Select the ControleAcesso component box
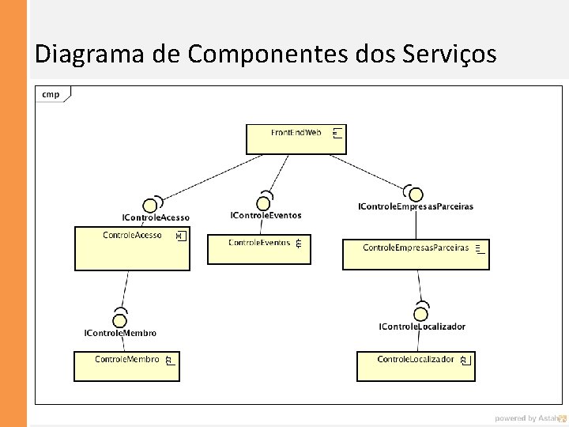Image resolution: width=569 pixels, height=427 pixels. point(132,248)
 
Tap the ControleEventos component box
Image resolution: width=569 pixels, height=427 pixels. point(258,248)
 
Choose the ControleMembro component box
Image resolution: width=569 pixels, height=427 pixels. point(126,366)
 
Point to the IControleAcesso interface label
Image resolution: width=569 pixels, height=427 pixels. point(156,217)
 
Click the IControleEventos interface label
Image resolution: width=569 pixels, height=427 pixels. point(266,215)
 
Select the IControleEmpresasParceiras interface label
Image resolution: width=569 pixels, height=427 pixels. point(416,206)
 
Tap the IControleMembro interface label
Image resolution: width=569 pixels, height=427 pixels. point(120,334)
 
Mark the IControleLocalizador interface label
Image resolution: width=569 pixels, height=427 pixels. point(422,327)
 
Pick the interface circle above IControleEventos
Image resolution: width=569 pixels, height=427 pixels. point(264,203)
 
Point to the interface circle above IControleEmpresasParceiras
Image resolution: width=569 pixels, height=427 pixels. point(414,195)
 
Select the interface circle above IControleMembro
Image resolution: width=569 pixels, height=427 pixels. point(119,320)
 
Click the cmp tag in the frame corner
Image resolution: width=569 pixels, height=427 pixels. point(51,95)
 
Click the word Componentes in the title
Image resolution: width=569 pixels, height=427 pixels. point(268,54)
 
